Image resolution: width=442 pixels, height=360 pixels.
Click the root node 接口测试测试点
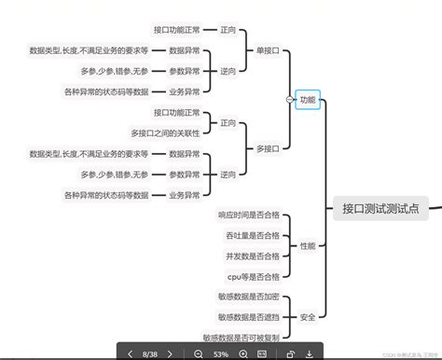(x=380, y=209)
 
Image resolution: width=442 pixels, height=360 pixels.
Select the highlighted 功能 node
(x=307, y=100)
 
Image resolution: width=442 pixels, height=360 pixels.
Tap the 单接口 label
(x=267, y=49)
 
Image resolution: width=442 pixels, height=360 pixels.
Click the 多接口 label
(x=267, y=147)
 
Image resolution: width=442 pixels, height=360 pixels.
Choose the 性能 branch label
(x=307, y=245)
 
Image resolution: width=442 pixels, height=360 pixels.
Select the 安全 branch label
(x=307, y=318)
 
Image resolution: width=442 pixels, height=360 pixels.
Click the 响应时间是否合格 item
(x=249, y=215)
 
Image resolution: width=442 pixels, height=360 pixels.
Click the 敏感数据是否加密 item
(x=249, y=298)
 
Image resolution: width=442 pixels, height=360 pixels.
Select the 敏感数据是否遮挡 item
(x=249, y=318)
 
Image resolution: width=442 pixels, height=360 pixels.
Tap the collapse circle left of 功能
(x=287, y=100)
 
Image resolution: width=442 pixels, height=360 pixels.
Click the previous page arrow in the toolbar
(x=131, y=353)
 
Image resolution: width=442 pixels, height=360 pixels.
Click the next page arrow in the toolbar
(x=170, y=353)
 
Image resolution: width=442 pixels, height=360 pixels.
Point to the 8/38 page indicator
(x=150, y=353)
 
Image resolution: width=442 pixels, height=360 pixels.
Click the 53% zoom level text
(x=221, y=353)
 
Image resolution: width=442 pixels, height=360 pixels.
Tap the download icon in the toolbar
(x=310, y=353)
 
